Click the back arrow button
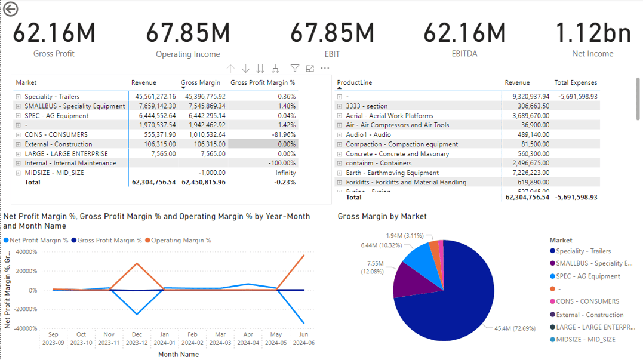tap(10, 9)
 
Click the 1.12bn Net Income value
tap(593, 32)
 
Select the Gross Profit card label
tap(54, 54)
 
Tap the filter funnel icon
tap(295, 69)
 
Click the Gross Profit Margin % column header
tap(263, 82)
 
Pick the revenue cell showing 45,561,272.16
tap(152, 97)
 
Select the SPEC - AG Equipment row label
tap(56, 116)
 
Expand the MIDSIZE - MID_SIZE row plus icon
tap(19, 173)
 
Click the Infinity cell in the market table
tap(285, 173)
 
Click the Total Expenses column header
tap(576, 82)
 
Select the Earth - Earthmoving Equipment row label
tap(392, 173)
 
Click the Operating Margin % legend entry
tap(180, 241)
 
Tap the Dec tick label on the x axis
tap(137, 334)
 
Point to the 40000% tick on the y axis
tap(26, 252)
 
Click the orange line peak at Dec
tap(137, 263)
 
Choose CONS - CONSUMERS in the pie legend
tap(587, 301)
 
